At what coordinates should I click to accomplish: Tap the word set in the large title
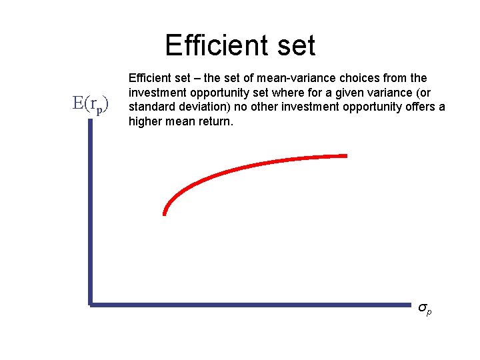294,45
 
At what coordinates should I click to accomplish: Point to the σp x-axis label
425,309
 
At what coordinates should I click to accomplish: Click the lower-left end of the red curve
164,213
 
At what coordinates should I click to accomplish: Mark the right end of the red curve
346,156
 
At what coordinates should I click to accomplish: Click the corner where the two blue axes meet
89,305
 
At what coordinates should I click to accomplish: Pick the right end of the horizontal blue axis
411,305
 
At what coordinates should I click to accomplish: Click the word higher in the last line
144,121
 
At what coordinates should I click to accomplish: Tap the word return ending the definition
215,121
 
